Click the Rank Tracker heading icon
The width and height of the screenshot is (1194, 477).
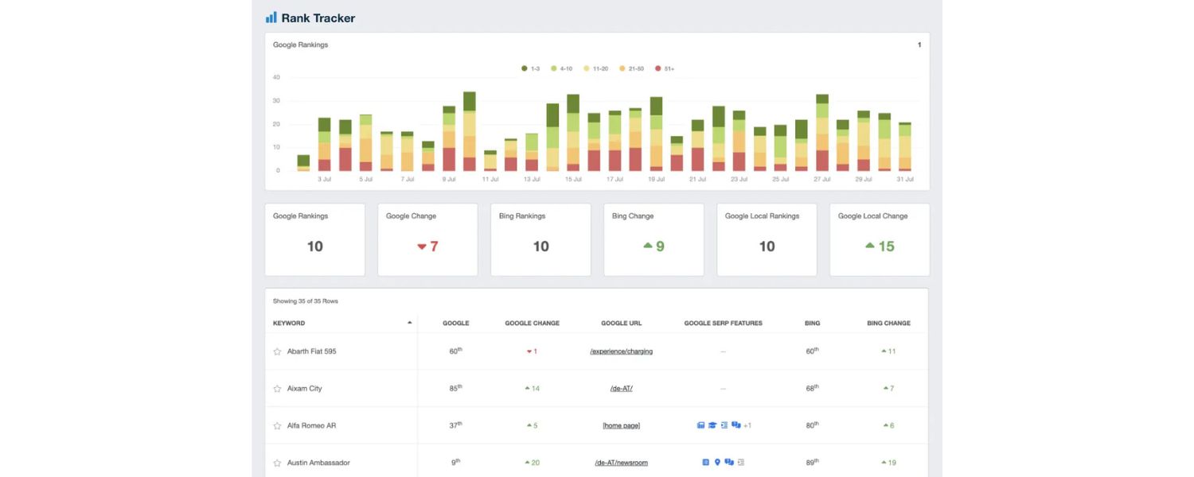pos(271,17)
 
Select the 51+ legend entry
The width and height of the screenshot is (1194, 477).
pos(665,69)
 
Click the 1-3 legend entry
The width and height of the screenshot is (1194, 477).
pos(530,69)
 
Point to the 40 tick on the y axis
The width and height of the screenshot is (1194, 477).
pos(276,78)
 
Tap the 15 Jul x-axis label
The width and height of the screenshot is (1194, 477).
pos(573,180)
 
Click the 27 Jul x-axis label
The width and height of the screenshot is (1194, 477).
pos(822,180)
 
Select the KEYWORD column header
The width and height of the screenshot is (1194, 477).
pos(289,324)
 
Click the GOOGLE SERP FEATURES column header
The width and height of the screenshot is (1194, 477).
pos(723,324)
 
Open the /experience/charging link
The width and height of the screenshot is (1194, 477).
pos(621,351)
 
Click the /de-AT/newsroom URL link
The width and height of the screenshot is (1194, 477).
pos(621,463)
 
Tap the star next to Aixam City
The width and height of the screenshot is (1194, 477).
pos(277,389)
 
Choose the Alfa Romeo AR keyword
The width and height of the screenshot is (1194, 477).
pos(311,425)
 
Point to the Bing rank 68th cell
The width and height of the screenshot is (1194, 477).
pos(812,388)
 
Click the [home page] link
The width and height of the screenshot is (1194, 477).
pos(621,425)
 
